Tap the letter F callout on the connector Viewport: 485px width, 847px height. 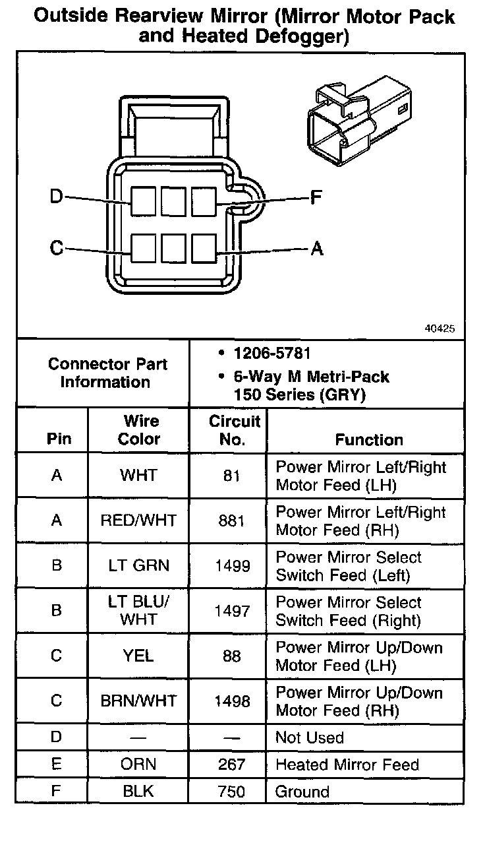pyautogui.click(x=316, y=197)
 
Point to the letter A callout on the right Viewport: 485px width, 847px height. pyautogui.click(x=317, y=249)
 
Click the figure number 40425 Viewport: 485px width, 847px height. pyautogui.click(x=440, y=328)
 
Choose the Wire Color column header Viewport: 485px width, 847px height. pyautogui.click(x=139, y=430)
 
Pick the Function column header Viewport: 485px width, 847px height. pyautogui.click(x=368, y=439)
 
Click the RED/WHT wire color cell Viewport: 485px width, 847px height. pyautogui.click(x=138, y=520)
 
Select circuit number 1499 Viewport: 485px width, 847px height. pyautogui.click(x=232, y=566)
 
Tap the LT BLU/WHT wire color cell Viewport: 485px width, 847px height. pyautogui.click(x=138, y=610)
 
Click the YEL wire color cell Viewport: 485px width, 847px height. pyautogui.click(x=138, y=656)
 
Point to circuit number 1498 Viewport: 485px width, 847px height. pyautogui.click(x=232, y=701)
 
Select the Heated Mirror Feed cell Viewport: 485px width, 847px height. pyautogui.click(x=347, y=765)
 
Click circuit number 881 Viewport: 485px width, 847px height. pyautogui.click(x=231, y=520)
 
